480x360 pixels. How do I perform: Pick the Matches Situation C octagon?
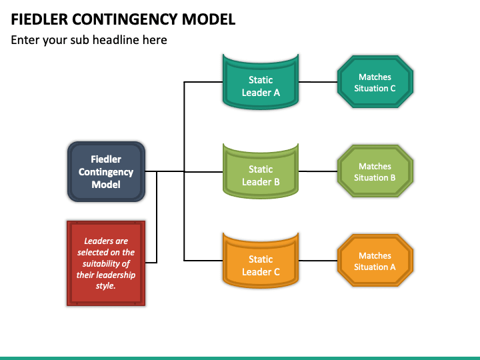[x=375, y=82]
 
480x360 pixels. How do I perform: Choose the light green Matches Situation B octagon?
[x=375, y=171]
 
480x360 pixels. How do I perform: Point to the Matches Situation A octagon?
[x=375, y=261]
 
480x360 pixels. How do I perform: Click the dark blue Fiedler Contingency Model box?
[x=106, y=171]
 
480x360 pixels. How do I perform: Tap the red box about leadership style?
[x=106, y=263]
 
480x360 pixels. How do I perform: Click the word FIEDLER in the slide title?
[x=39, y=19]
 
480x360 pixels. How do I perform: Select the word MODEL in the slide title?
[x=209, y=19]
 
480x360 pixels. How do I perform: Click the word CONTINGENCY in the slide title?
[x=125, y=19]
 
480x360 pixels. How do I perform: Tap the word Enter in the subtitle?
[x=25, y=40]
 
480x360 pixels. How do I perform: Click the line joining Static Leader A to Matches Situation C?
[x=318, y=82]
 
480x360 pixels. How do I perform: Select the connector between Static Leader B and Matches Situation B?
[x=318, y=171]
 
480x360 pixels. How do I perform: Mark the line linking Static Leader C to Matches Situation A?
[x=318, y=261]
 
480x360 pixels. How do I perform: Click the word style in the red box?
[x=105, y=286]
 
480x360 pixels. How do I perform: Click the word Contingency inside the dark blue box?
[x=106, y=173]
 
